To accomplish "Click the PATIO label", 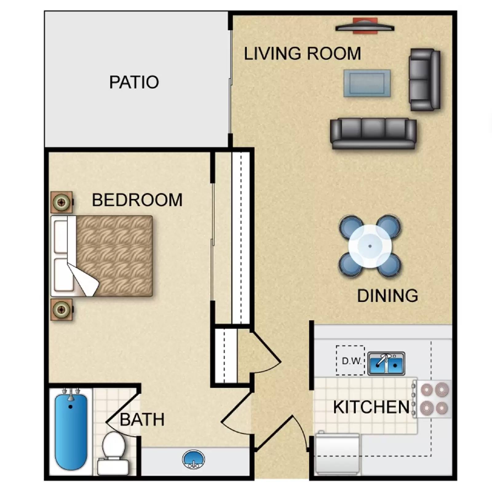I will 134,82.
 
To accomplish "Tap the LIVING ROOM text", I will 302,54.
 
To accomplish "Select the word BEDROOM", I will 137,200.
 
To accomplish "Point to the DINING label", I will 387,296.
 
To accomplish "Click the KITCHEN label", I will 371,407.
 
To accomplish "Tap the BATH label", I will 142,420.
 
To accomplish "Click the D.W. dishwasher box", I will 350,360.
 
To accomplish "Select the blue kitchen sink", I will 387,364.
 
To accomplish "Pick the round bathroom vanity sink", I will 193,459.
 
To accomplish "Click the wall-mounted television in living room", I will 365,27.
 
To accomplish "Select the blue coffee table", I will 367,83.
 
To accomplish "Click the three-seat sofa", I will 373,133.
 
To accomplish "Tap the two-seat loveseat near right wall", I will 424,80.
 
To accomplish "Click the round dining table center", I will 370,246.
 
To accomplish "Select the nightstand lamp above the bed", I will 61,202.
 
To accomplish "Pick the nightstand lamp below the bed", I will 61,310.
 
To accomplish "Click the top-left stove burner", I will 427,390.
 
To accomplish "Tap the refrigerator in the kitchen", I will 338,454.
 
